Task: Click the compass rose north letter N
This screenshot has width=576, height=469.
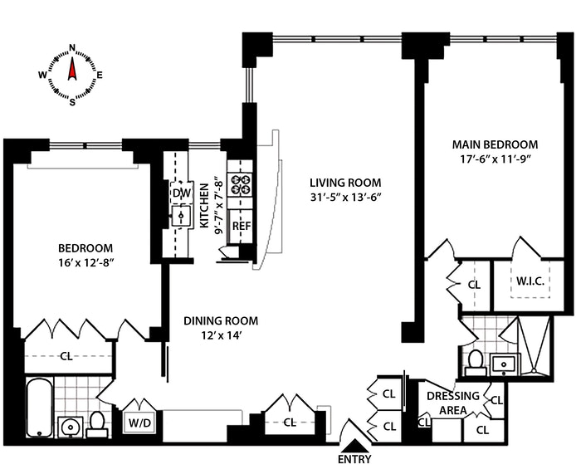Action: (72, 47)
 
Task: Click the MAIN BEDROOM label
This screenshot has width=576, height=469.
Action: (495, 144)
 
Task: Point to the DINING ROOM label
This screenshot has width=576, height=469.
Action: (220, 320)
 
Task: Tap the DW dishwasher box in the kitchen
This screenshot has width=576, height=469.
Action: (181, 193)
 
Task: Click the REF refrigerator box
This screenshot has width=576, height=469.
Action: (241, 226)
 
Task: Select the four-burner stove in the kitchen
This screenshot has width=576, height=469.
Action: (241, 184)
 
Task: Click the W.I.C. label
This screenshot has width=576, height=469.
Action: (530, 282)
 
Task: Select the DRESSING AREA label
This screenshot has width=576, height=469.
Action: (452, 401)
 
